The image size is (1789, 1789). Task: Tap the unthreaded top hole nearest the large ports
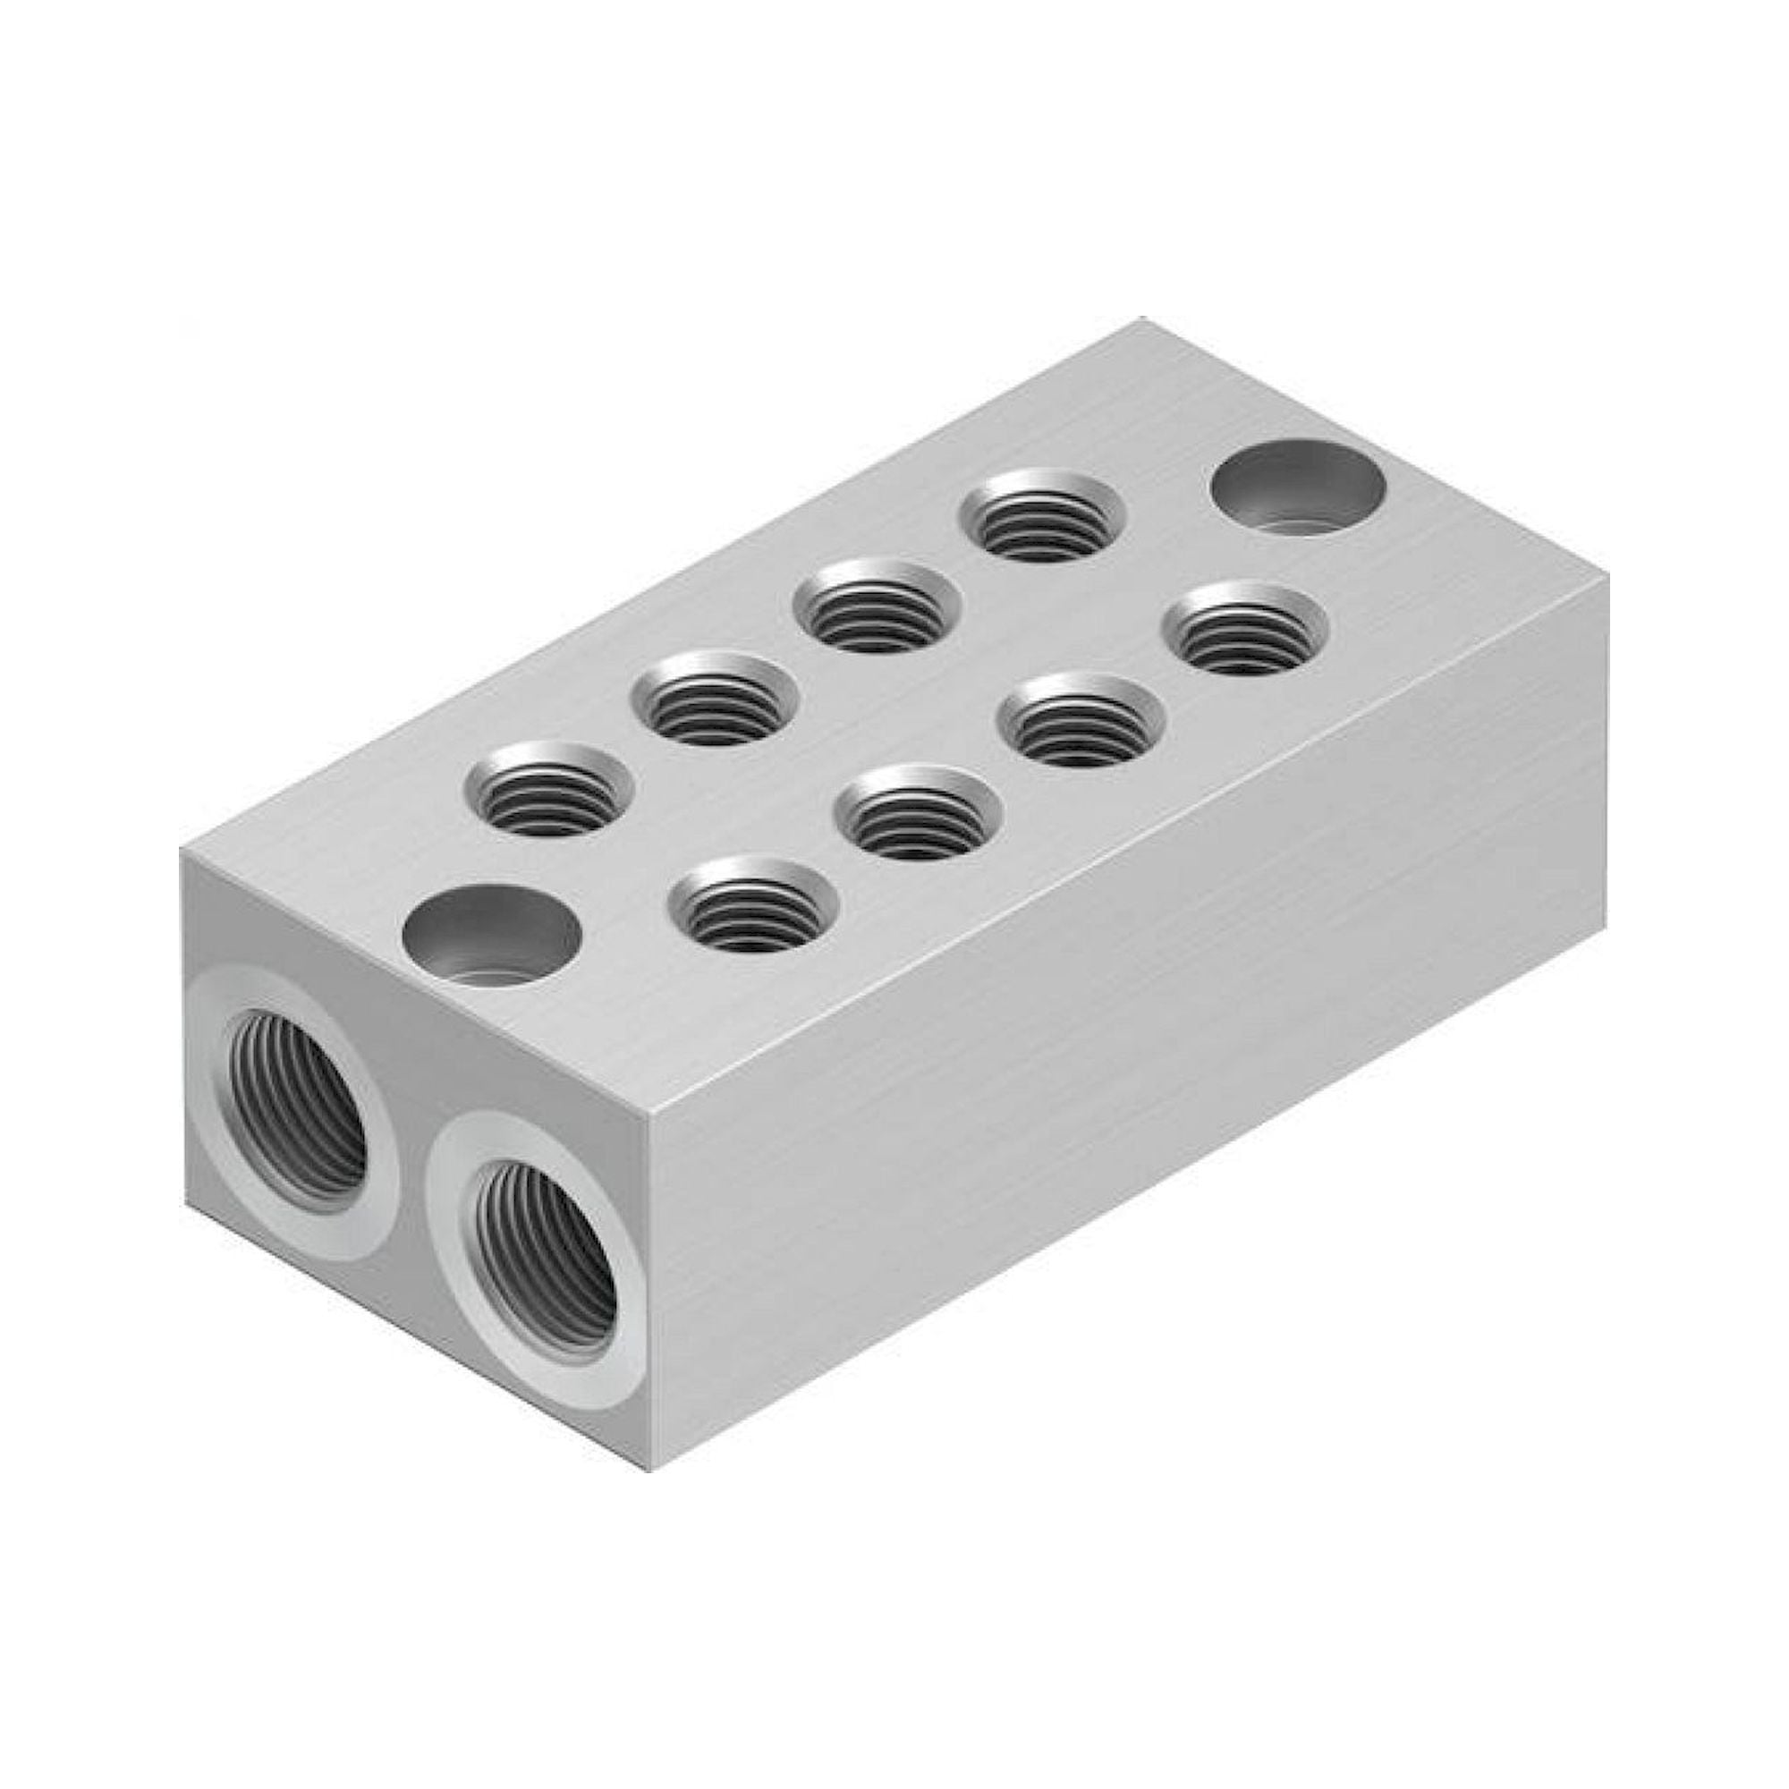[x=491, y=936]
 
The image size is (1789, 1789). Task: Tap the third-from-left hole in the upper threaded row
[x=878, y=606]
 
